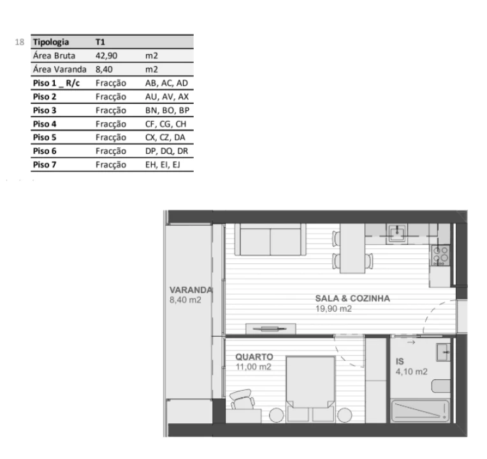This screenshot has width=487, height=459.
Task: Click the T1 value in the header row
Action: pos(100,42)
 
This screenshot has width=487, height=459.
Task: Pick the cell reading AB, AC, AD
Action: pos(166,83)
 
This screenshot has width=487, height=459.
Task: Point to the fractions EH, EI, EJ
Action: pos(163,165)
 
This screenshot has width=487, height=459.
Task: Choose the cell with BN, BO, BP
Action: pos(167,110)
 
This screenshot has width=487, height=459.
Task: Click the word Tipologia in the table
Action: pos(51,42)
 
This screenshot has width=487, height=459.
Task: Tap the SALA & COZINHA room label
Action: pos(353,298)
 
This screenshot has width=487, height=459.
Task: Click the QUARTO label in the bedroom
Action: pos(254,357)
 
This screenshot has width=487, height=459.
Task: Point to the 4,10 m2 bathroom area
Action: pos(411,372)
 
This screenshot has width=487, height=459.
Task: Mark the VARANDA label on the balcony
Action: pos(191,290)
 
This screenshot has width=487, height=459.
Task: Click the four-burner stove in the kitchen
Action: pos(440,255)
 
